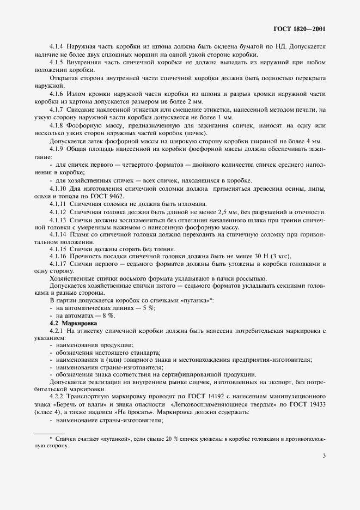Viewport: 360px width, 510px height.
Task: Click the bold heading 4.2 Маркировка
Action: (x=65, y=323)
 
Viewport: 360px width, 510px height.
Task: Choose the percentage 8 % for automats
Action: (x=110, y=315)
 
